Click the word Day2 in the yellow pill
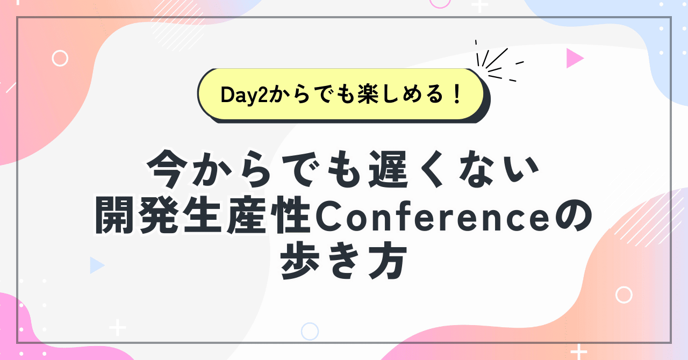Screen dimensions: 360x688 point(243,95)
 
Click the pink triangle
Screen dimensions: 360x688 point(574,59)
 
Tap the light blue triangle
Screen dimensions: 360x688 point(96,265)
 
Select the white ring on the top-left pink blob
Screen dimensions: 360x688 point(60,58)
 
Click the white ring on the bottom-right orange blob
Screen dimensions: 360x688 point(623,294)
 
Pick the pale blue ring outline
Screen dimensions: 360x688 point(310,331)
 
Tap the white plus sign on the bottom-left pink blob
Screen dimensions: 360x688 point(117,327)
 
